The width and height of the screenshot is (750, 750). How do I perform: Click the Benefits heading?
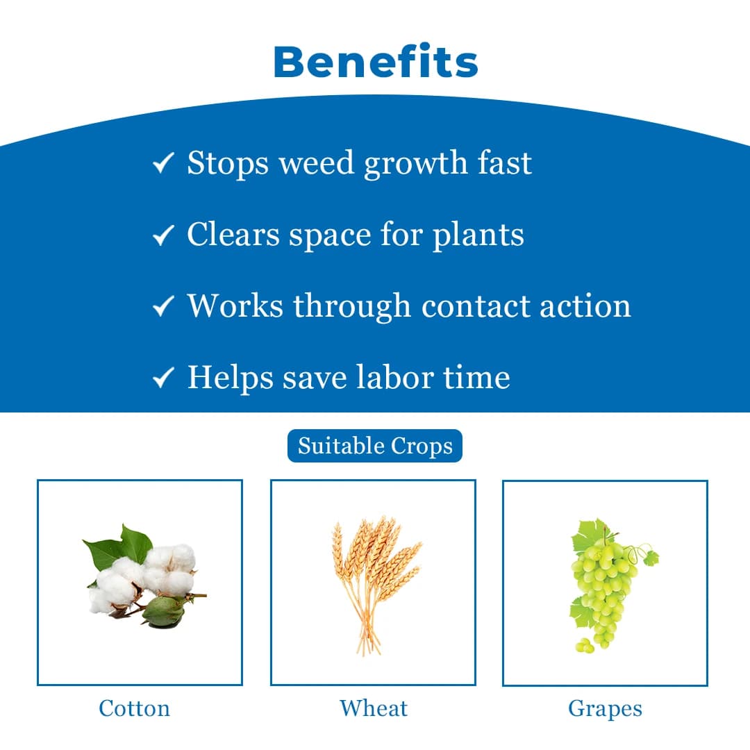point(376,62)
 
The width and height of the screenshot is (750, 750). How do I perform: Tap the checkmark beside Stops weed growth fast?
point(162,165)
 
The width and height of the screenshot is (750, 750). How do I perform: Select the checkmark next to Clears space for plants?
point(162,236)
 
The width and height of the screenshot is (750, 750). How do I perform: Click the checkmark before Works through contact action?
point(162,307)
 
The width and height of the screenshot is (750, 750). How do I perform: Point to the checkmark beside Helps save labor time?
point(162,378)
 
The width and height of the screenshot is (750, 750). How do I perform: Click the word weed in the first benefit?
point(316,163)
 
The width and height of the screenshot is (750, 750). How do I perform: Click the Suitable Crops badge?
point(375,446)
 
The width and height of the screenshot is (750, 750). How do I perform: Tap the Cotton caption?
point(134,708)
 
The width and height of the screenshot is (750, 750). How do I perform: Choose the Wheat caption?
point(374,708)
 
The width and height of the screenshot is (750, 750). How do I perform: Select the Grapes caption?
point(605,708)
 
